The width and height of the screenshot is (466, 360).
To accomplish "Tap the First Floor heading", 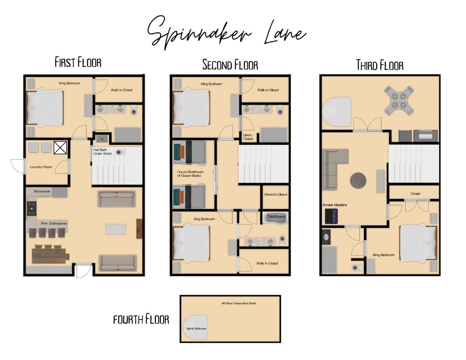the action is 78,62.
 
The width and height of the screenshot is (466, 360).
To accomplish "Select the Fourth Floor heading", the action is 141,319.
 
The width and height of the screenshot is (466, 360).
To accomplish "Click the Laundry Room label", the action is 41,167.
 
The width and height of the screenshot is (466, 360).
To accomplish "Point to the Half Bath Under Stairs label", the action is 102,152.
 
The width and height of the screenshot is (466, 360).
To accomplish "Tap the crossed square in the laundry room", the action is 60,148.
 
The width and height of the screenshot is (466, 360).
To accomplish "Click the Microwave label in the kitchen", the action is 42,191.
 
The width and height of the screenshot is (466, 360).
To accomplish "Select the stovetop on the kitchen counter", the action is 32,208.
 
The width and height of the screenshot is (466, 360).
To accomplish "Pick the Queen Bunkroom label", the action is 190,174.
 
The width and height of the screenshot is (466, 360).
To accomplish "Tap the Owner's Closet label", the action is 276,195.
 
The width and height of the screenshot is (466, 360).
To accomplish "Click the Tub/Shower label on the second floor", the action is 276,216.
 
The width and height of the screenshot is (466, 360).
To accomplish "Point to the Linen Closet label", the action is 248,137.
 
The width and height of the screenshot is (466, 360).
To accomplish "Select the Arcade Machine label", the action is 335,205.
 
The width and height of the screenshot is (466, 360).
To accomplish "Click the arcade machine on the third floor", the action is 331,216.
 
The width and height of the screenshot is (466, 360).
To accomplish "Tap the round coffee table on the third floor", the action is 358,180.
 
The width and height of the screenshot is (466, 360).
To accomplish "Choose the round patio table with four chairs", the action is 399,101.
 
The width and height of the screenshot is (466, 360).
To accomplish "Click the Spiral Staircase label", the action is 196,329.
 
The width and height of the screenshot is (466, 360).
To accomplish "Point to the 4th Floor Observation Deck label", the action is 238,303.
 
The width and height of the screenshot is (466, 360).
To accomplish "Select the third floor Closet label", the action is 415,194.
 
